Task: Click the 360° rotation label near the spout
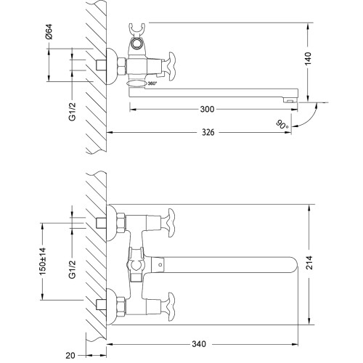(152, 84)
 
